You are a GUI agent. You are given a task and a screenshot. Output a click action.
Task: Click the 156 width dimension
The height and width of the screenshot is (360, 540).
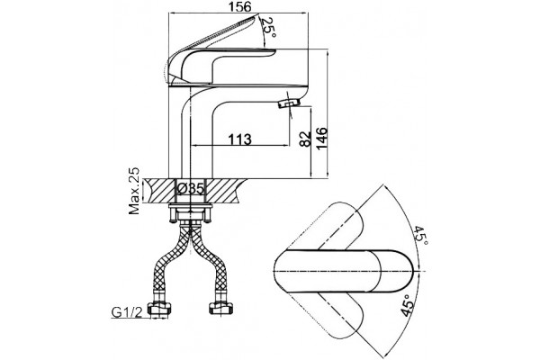coord(240,7)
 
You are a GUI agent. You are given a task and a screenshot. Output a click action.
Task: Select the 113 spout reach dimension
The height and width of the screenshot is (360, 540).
coord(240,139)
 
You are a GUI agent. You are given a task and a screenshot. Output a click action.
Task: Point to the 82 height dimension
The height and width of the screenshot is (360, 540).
coord(305,139)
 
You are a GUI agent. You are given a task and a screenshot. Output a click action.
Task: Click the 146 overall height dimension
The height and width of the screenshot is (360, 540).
coord(322,138)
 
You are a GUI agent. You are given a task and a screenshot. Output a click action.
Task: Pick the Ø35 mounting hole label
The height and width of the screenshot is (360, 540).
coord(191,189)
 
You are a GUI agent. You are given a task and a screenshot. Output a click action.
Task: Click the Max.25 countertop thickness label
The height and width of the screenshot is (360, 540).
coord(135,191)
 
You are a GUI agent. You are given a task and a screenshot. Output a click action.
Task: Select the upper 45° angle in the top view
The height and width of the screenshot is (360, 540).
coord(421,236)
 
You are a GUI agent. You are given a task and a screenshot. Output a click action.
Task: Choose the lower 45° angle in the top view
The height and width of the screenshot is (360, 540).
coord(408,306)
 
